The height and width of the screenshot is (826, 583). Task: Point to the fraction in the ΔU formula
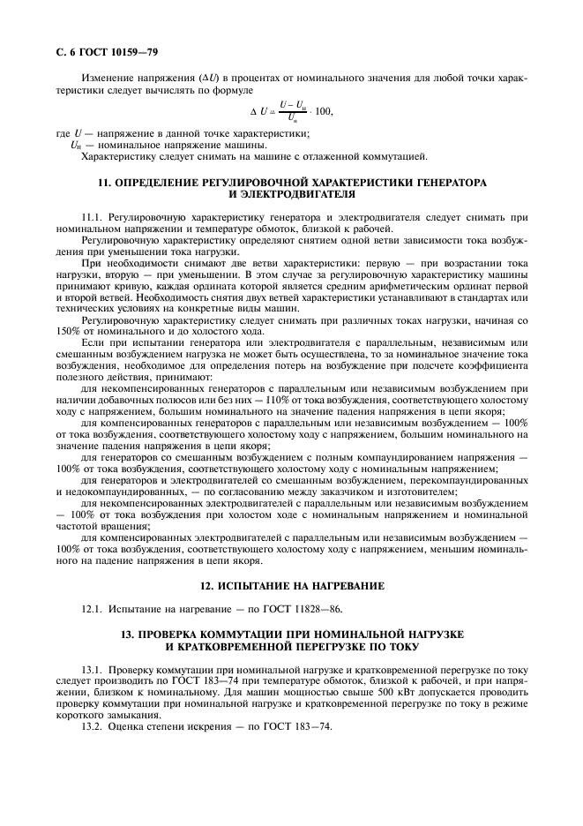pos(290,111)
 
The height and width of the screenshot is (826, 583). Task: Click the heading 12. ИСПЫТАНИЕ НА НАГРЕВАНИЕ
pos(291,586)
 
